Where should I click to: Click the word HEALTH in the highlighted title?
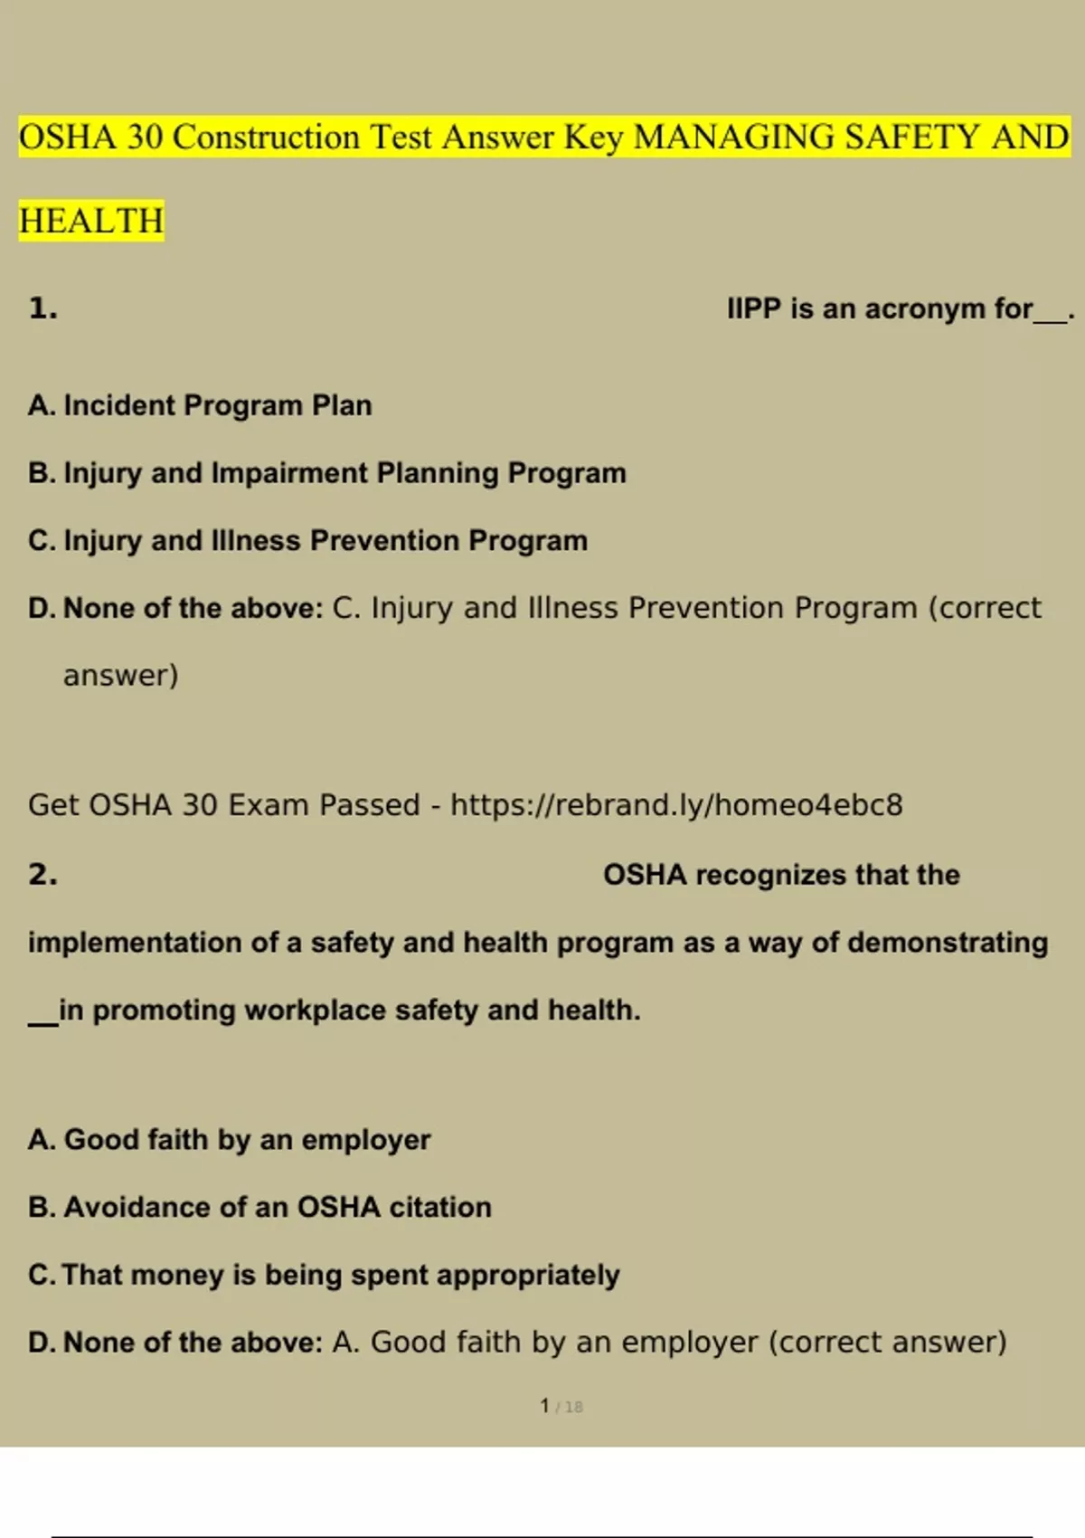pyautogui.click(x=91, y=221)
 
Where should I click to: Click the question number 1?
pyautogui.click(x=42, y=309)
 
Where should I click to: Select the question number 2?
pyautogui.click(x=42, y=874)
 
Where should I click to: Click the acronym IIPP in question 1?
pyautogui.click(x=753, y=309)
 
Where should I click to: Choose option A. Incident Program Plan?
pyautogui.click(x=200, y=405)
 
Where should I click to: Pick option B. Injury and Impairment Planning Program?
pyautogui.click(x=326, y=472)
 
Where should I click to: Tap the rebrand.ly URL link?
pyautogui.click(x=676, y=804)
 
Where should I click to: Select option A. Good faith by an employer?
pyautogui.click(x=229, y=1139)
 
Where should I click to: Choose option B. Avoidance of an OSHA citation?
pyautogui.click(x=259, y=1207)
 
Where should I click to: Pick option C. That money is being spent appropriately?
pyautogui.click(x=324, y=1275)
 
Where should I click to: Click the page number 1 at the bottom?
pyautogui.click(x=544, y=1405)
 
